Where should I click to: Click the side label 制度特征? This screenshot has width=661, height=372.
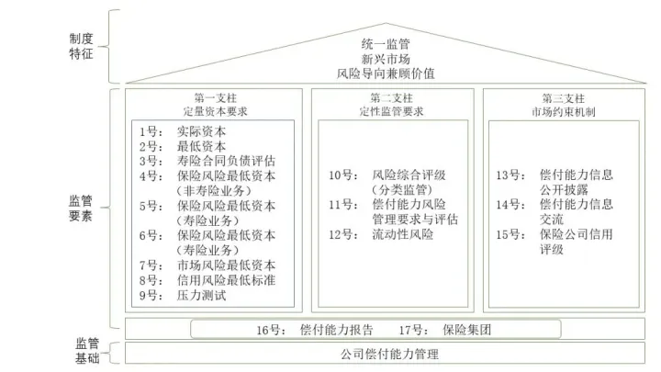[82, 47]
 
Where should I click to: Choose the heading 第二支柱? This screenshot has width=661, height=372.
[392, 98]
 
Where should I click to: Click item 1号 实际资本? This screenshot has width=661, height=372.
[184, 132]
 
